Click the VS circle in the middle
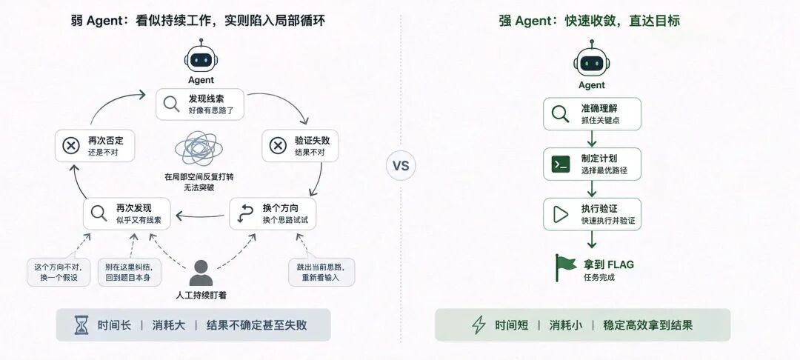tap(401, 166)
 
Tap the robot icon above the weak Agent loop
tap(201, 56)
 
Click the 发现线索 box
tap(200, 104)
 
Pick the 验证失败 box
tap(300, 146)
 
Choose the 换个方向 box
tap(273, 213)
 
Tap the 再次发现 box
tap(127, 213)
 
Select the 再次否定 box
tap(95, 146)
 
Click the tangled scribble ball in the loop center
tap(199, 150)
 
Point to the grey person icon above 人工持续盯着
tap(201, 273)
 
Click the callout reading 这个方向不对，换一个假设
tap(59, 273)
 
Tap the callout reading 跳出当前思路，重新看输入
tap(321, 273)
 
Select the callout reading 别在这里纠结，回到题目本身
tap(130, 273)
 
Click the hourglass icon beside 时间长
tap(81, 325)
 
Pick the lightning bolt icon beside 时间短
tap(479, 325)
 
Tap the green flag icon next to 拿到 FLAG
tap(565, 267)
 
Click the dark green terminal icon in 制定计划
tap(561, 164)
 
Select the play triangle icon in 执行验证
tap(561, 214)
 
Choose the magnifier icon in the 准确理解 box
tap(560, 114)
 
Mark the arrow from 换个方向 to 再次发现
tap(200, 216)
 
